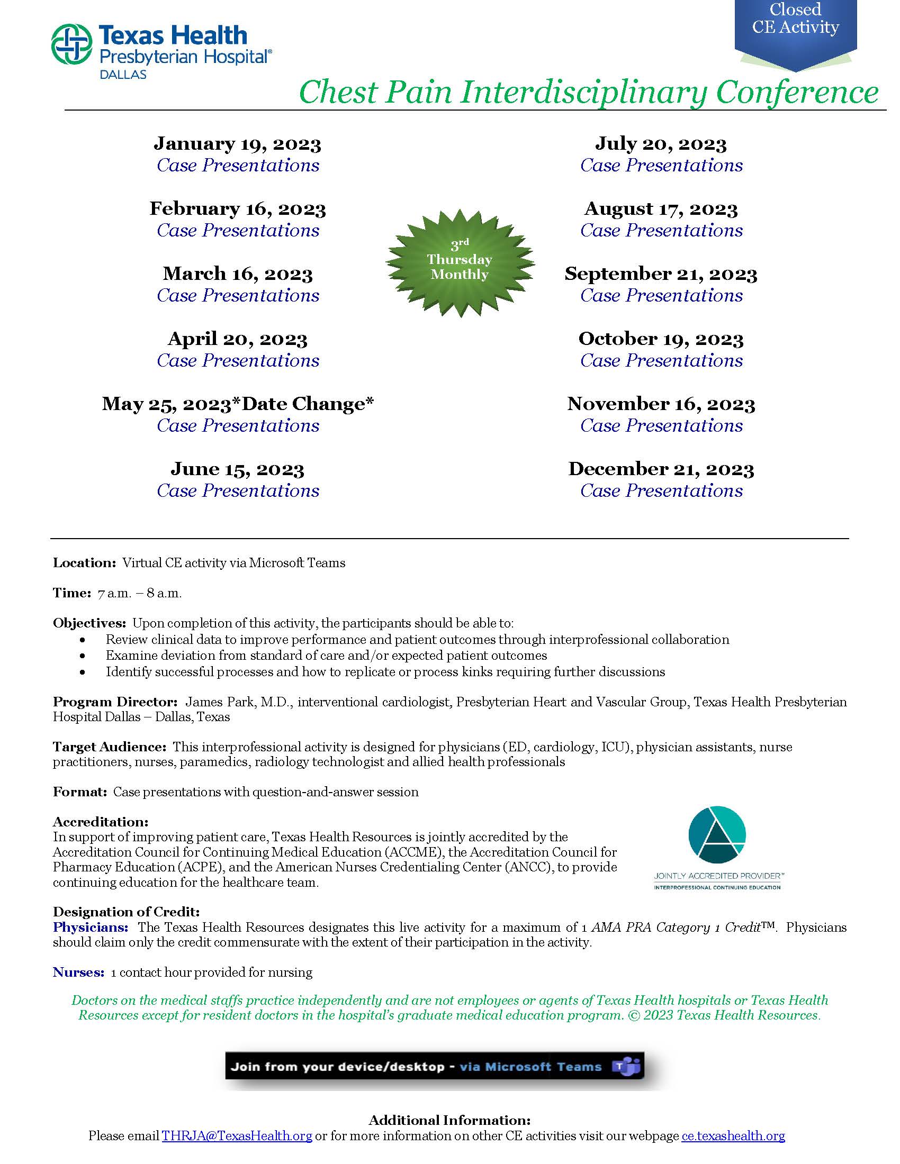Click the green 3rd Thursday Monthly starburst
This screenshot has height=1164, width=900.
pyautogui.click(x=460, y=263)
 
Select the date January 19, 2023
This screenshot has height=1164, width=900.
pyautogui.click(x=237, y=144)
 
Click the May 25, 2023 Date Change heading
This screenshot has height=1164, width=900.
pyautogui.click(x=238, y=404)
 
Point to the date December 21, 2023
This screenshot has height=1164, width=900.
pyautogui.click(x=661, y=469)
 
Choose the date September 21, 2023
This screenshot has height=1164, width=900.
pyautogui.click(x=661, y=274)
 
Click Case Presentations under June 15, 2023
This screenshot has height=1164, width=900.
pyautogui.click(x=238, y=490)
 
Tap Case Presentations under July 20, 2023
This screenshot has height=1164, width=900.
pyautogui.click(x=661, y=165)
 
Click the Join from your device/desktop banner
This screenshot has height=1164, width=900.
pyautogui.click(x=416, y=1067)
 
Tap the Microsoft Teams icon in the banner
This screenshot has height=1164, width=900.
pyautogui.click(x=625, y=1067)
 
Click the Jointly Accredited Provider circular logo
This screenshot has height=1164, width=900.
pyautogui.click(x=717, y=835)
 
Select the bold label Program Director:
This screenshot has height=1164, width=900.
pyautogui.click(x=115, y=702)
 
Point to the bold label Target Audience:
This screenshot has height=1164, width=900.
pyautogui.click(x=109, y=747)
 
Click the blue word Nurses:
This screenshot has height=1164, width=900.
pyautogui.click(x=78, y=972)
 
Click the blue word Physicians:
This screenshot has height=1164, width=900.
pyautogui.click(x=90, y=927)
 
